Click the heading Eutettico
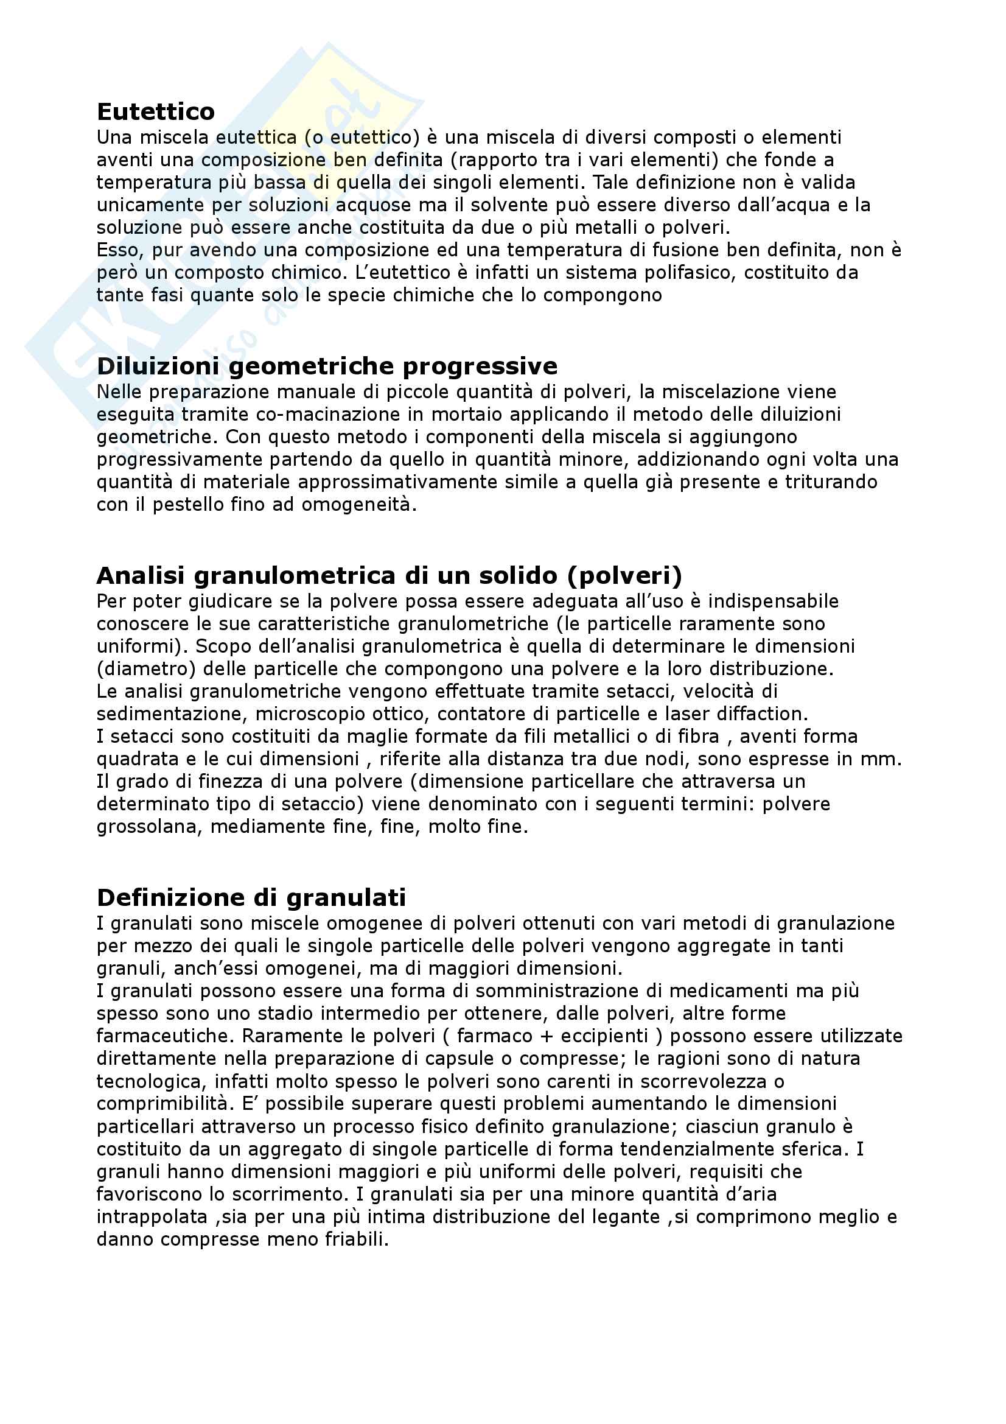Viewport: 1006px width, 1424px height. pos(156,111)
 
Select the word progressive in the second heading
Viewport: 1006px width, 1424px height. pos(480,367)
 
